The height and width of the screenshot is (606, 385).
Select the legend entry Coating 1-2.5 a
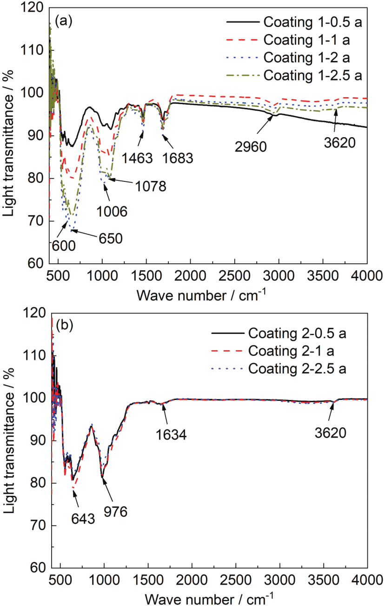[x=312, y=74]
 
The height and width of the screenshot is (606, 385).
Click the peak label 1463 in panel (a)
[x=137, y=158]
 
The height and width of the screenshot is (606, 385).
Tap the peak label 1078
[x=151, y=186]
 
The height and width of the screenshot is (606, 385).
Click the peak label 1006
[x=112, y=212]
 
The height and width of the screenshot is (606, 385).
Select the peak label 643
[x=83, y=518]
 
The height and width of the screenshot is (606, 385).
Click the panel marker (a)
[x=63, y=20]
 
